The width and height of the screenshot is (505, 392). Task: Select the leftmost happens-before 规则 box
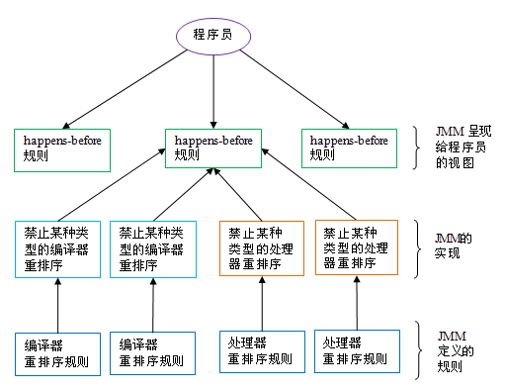pyautogui.click(x=61, y=147)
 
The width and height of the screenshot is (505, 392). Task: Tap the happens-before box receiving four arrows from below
pyautogui.click(x=213, y=147)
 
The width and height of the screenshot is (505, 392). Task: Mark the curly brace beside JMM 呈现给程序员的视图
pyautogui.click(x=419, y=147)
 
